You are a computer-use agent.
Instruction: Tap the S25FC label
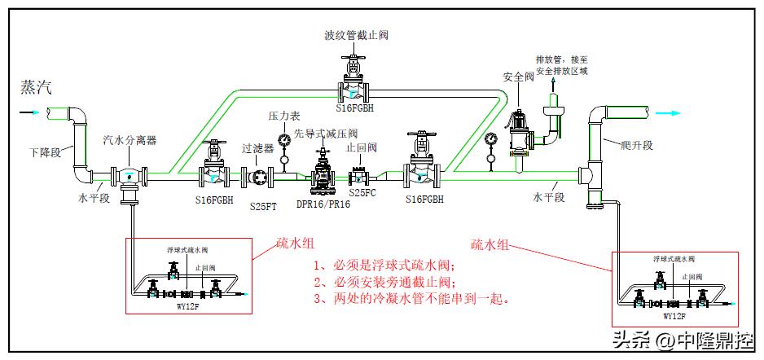(x=362, y=193)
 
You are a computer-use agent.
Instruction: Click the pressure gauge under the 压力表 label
(x=283, y=140)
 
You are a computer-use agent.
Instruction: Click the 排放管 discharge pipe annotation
(x=561, y=65)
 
